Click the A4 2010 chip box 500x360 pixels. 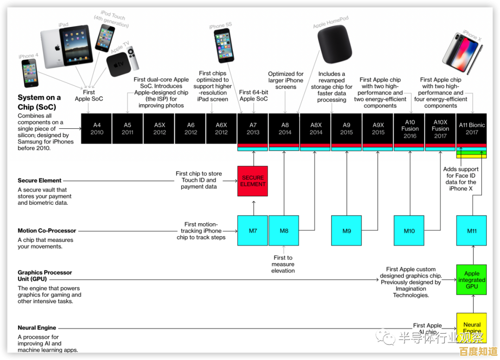click(97, 128)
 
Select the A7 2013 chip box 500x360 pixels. click(253, 128)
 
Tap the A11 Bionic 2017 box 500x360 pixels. click(472, 128)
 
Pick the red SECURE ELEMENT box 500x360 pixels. click(253, 181)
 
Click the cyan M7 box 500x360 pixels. click(253, 230)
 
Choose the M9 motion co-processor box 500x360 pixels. click(347, 230)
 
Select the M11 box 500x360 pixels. click(472, 230)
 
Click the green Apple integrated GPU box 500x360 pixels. click(472, 280)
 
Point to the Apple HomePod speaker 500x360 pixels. click(335, 44)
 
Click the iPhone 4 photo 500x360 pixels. click(30, 73)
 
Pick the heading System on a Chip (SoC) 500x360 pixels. click(39, 102)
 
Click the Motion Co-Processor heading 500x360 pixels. click(47, 231)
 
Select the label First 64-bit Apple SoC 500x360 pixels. click(254, 95)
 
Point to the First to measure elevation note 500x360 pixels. click(283, 264)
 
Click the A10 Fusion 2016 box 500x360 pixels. click(410, 128)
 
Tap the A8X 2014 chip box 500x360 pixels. click(316, 128)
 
